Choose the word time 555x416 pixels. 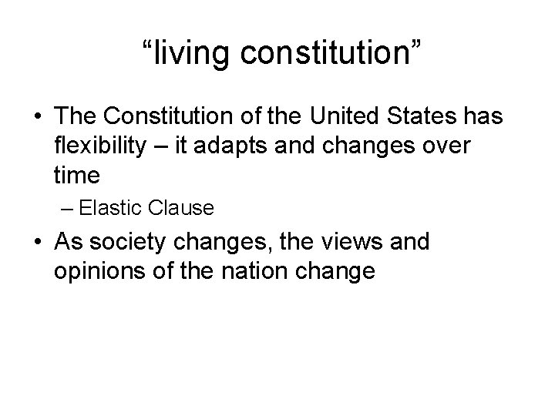(x=77, y=175)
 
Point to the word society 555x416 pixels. (x=124, y=243)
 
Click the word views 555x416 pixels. (x=338, y=243)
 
